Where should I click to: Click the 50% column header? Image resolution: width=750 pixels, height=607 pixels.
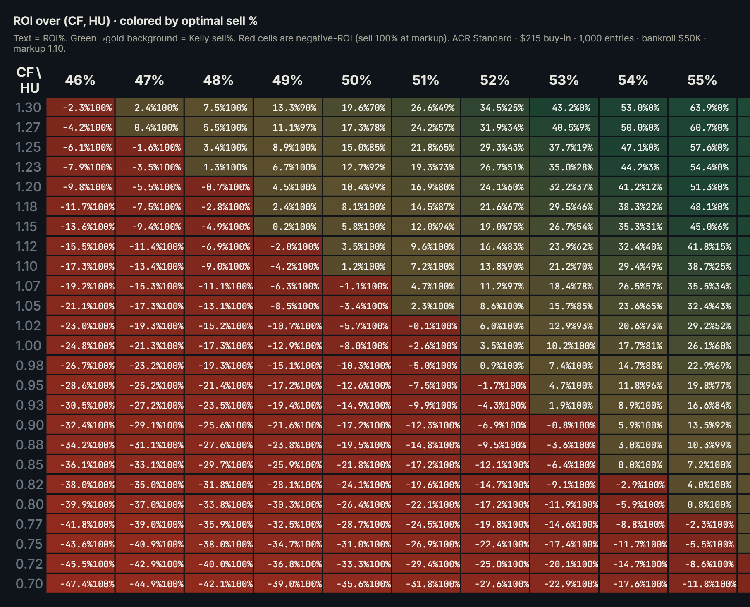coord(356,80)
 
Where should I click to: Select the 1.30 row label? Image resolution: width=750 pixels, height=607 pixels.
coord(28,108)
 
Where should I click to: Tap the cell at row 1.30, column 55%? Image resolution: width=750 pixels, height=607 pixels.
coord(702,108)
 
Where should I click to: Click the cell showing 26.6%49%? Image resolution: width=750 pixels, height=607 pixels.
coord(426,108)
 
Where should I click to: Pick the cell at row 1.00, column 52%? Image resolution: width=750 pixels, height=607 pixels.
coord(495,346)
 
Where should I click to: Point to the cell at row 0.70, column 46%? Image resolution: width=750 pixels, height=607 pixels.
coord(81,584)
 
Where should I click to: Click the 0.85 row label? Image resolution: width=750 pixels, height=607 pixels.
coord(29,465)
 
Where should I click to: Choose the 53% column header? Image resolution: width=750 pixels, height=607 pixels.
coord(564,80)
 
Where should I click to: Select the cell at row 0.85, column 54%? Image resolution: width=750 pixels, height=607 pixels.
coord(633,465)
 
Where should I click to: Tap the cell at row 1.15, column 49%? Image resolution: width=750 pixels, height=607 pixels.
coord(288,227)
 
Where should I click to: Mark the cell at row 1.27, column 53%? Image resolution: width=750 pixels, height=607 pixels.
coord(564,127)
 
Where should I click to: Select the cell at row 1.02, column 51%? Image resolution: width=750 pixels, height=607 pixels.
coord(426,326)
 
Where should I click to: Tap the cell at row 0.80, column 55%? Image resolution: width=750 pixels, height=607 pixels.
coord(702,504)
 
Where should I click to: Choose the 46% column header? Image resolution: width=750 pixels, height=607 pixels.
coord(80,80)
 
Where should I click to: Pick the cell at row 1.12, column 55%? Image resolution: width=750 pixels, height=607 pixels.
coord(702,246)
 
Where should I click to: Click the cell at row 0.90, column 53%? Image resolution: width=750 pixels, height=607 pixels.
coord(564,425)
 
